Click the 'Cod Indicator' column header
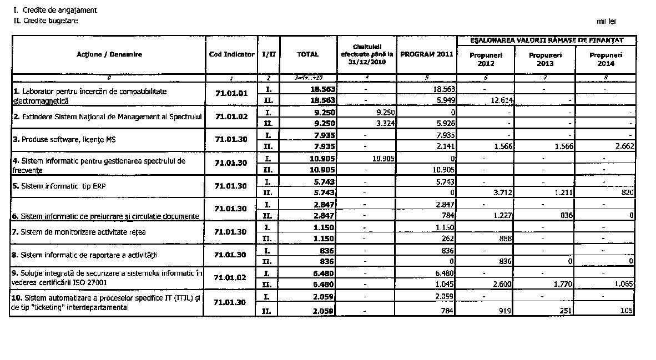click(x=231, y=54)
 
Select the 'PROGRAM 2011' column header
click(x=426, y=54)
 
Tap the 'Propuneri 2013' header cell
click(x=545, y=59)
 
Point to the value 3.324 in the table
click(x=384, y=123)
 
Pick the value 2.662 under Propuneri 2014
click(x=622, y=146)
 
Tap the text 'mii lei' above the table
click(x=606, y=22)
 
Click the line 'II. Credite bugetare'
click(x=46, y=21)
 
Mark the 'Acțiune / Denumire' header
click(x=109, y=54)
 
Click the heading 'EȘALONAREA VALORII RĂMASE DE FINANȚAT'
click(x=546, y=40)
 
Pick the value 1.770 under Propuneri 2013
click(x=561, y=285)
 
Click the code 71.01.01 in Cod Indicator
click(x=231, y=94)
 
